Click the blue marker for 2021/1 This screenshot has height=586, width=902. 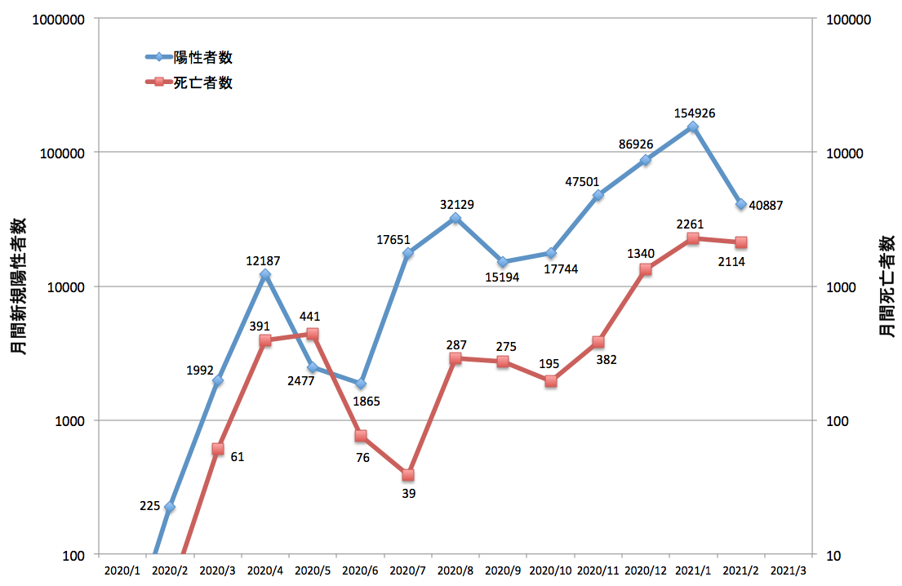(693, 127)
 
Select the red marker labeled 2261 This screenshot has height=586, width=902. (693, 238)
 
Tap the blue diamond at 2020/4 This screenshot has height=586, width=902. (265, 275)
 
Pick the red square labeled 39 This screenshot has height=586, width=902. (408, 475)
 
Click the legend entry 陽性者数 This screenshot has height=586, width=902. (189, 57)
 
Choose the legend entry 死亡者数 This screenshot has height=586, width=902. (189, 82)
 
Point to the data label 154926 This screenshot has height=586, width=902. (695, 113)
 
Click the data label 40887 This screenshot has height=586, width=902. (766, 206)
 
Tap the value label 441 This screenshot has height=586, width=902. (309, 317)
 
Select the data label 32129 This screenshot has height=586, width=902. (457, 205)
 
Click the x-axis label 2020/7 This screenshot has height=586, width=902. (408, 570)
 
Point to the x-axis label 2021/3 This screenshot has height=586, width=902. (788, 570)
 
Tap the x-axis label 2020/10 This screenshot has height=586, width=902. (550, 570)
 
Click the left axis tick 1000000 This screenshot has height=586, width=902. (58, 20)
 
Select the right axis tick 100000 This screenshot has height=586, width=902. (848, 20)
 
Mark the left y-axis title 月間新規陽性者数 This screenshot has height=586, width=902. (19, 286)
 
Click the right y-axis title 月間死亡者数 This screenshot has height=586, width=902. (886, 286)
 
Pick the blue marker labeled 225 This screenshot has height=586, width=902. (170, 507)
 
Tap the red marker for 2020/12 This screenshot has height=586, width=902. (646, 269)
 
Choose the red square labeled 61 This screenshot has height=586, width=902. (217, 449)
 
